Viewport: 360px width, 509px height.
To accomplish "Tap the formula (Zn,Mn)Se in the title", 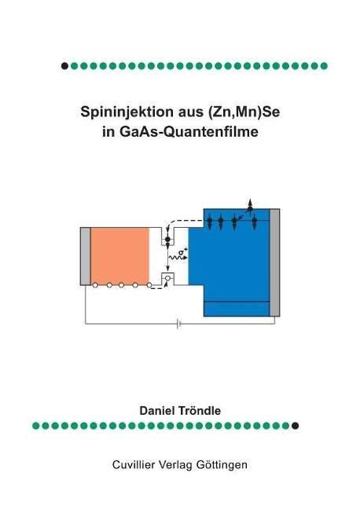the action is coord(242,112).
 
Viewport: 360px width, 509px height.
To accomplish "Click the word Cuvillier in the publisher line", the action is coord(133,464).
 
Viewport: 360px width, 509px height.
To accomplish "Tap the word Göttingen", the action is coord(222,465).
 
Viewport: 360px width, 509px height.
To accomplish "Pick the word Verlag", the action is coord(175,465).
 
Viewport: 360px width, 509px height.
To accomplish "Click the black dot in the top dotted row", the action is coord(64,66).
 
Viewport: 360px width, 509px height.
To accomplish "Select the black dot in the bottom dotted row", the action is coord(295,426).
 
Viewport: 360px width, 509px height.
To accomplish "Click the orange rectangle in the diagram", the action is coord(120,256).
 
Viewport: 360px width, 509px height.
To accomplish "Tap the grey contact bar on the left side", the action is coord(86,256).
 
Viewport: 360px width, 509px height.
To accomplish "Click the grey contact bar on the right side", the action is coord(274,262).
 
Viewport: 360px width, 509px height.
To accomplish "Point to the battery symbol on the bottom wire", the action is coord(178,324).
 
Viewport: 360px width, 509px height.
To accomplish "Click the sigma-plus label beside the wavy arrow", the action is coord(183,251).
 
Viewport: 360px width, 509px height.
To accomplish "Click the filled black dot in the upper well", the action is coord(167,240).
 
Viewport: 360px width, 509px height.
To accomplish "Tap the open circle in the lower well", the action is coord(167,278).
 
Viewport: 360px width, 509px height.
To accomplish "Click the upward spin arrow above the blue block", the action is coord(250,204).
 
